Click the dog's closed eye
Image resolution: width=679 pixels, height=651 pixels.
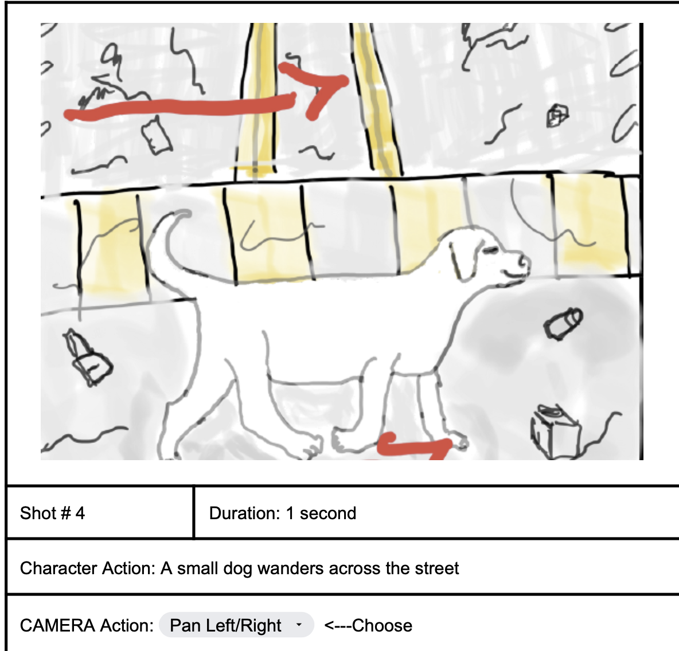coord(491,250)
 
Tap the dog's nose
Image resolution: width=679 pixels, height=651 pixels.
coord(524,261)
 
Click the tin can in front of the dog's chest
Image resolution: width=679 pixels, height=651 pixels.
coord(563,323)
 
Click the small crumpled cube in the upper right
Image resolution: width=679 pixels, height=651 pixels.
coord(557,116)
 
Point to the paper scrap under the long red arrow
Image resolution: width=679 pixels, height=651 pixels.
coord(157,136)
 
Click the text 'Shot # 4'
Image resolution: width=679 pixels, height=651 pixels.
coord(52,513)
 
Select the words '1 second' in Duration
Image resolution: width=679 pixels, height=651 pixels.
coord(321,513)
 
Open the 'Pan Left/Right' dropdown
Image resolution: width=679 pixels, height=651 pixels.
coord(236,625)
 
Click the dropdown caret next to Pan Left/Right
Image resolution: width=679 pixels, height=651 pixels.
coord(299,625)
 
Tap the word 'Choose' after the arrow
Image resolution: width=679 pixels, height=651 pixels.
coord(382,625)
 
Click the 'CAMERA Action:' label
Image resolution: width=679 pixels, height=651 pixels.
coord(87,625)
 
